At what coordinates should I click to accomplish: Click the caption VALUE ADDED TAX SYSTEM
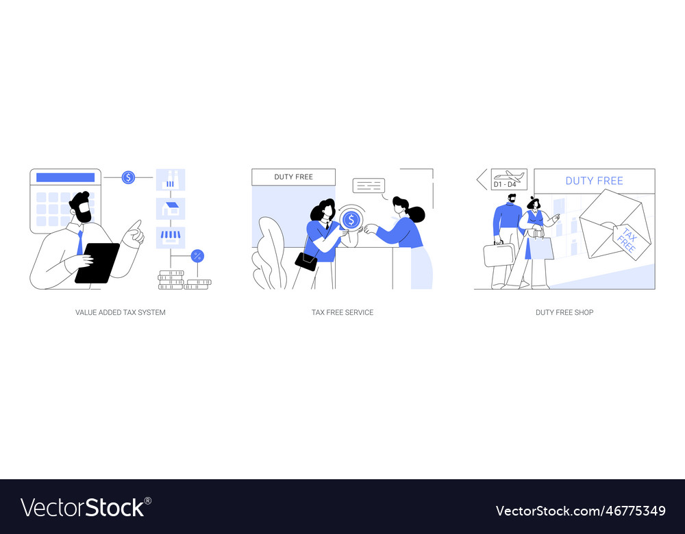point(121,312)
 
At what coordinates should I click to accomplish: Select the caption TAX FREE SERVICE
point(342,312)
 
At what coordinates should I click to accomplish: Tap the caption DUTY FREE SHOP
point(564,312)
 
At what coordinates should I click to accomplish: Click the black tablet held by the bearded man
point(97,262)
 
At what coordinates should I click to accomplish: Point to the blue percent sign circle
point(197,256)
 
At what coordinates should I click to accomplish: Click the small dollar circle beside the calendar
point(128,177)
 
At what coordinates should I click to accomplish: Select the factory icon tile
point(171,180)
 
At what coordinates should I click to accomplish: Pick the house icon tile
point(171,209)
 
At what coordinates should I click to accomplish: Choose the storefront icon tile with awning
point(171,237)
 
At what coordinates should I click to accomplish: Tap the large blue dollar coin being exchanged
point(351,220)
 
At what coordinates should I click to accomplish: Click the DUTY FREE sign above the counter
point(293,177)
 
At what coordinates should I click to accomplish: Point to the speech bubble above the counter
point(369,186)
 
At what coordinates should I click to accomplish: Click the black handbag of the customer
point(306,261)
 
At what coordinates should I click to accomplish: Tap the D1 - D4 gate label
point(506,185)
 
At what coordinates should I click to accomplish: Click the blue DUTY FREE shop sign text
point(594,181)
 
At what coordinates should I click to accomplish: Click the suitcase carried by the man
point(498,255)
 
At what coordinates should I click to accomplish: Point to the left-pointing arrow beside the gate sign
point(482,179)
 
